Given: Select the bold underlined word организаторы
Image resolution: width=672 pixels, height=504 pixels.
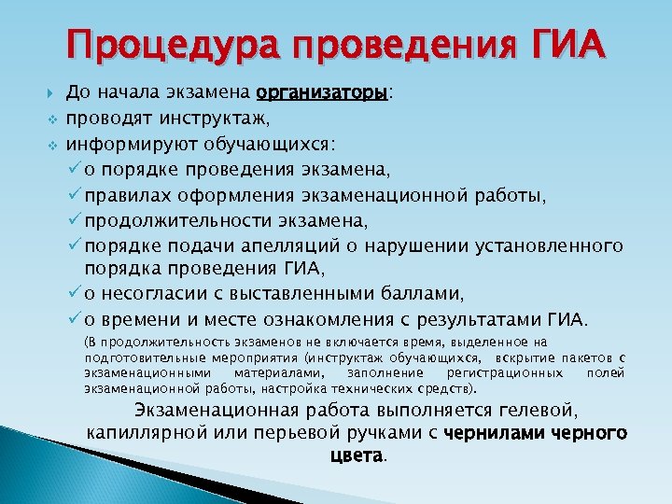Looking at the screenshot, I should (x=322, y=93).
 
